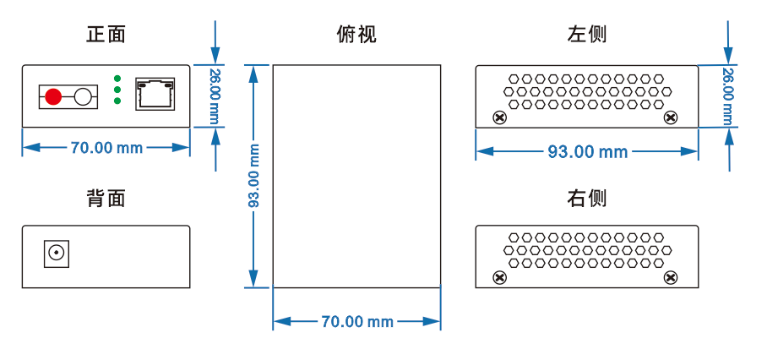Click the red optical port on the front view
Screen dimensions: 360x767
(x=53, y=96)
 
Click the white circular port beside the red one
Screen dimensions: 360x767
(x=83, y=96)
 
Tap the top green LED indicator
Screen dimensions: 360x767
(x=117, y=79)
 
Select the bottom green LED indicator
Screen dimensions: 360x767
(x=117, y=101)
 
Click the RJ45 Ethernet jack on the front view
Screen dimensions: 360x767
(x=155, y=91)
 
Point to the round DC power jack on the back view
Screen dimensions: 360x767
(x=57, y=253)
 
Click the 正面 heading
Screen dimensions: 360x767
(x=106, y=35)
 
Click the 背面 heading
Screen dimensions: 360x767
(x=106, y=199)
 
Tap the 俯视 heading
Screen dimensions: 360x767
(x=356, y=35)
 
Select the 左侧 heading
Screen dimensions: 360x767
(x=587, y=35)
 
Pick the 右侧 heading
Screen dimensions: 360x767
(x=587, y=199)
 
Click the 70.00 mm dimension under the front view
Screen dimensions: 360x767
(x=106, y=148)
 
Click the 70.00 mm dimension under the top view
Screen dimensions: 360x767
(x=356, y=322)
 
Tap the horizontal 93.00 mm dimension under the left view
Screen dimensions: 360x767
(x=587, y=152)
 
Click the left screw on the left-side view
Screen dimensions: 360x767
(x=499, y=117)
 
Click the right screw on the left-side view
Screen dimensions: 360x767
(x=672, y=117)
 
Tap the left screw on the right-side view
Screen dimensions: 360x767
(x=499, y=277)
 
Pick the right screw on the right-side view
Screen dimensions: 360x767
(x=672, y=277)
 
